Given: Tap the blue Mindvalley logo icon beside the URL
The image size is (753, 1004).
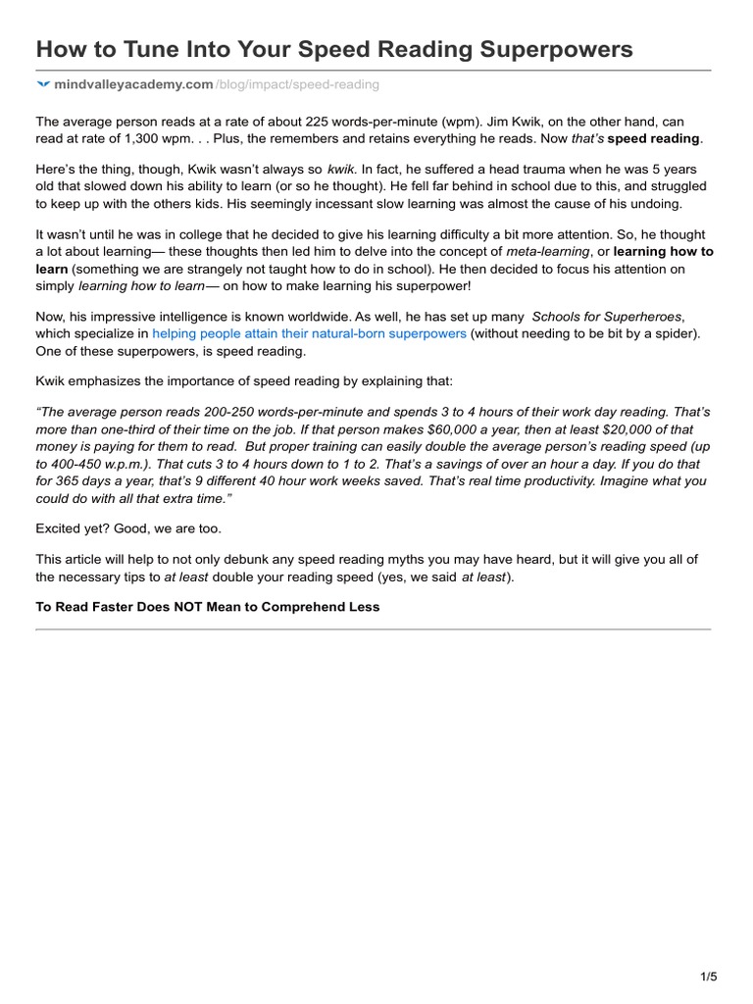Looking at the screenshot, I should (x=42, y=85).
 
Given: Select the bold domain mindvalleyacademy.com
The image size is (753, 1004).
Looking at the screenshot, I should (x=133, y=85).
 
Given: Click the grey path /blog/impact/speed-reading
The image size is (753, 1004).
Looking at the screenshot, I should (x=296, y=85).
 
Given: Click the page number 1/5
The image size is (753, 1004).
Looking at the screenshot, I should (x=709, y=977).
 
